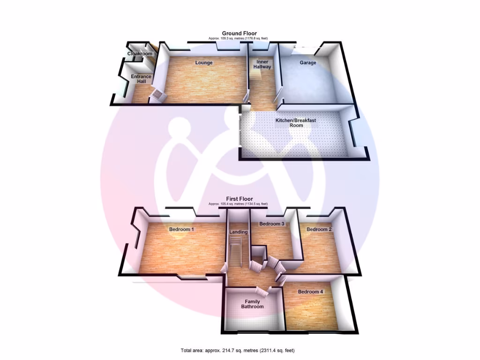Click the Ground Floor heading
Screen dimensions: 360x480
(x=240, y=33)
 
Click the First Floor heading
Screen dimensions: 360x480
(x=240, y=199)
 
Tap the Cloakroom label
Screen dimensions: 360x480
(x=140, y=54)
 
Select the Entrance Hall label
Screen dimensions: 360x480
(x=141, y=79)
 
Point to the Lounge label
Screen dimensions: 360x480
(x=204, y=63)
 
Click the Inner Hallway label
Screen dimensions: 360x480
(x=262, y=64)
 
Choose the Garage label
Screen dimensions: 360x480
(x=308, y=63)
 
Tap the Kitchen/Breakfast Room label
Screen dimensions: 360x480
(x=296, y=123)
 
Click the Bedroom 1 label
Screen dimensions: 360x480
(x=181, y=230)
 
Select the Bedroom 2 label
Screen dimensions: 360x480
(x=319, y=230)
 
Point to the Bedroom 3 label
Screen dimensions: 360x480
(x=272, y=224)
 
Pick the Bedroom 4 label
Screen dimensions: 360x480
(x=310, y=292)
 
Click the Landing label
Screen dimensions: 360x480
(x=238, y=232)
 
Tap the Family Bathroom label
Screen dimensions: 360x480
(x=252, y=304)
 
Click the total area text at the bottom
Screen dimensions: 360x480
(x=238, y=351)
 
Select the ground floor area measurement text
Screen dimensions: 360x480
(x=240, y=38)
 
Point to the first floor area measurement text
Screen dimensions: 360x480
(x=239, y=204)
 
